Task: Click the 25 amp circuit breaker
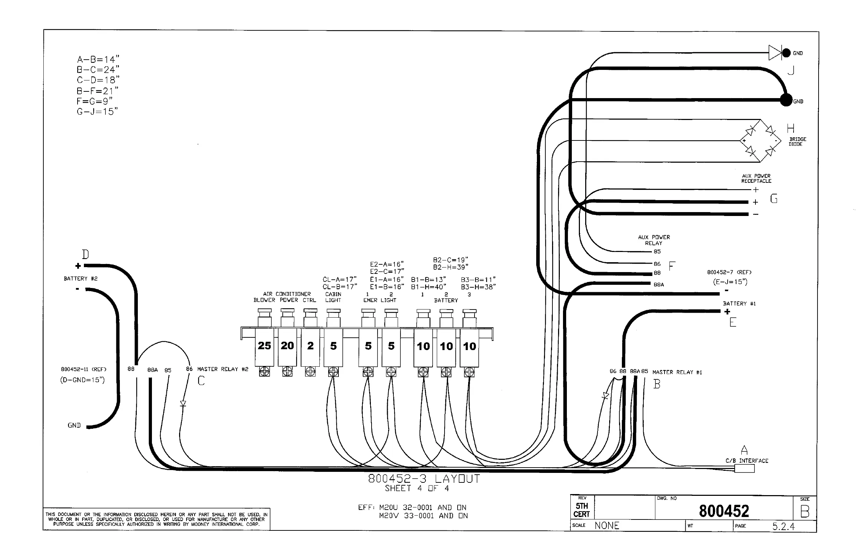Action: [264, 345]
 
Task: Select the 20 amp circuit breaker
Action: [287, 345]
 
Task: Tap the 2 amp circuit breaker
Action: [310, 345]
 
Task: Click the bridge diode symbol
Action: [760, 140]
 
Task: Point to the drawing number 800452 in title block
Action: [724, 511]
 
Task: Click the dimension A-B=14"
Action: [98, 59]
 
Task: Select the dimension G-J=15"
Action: [97, 112]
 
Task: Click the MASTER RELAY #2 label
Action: [223, 369]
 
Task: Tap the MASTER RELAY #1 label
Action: [677, 372]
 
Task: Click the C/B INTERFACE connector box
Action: [745, 468]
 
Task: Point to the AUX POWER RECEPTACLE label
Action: [756, 178]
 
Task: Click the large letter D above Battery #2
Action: [85, 254]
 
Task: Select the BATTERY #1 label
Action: [739, 303]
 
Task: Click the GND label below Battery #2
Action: [74, 425]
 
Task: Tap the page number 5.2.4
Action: [783, 526]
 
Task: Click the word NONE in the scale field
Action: [607, 525]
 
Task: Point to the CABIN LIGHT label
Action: [333, 297]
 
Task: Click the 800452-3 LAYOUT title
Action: [424, 479]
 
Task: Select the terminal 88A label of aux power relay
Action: [659, 284]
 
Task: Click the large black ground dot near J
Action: [786, 100]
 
